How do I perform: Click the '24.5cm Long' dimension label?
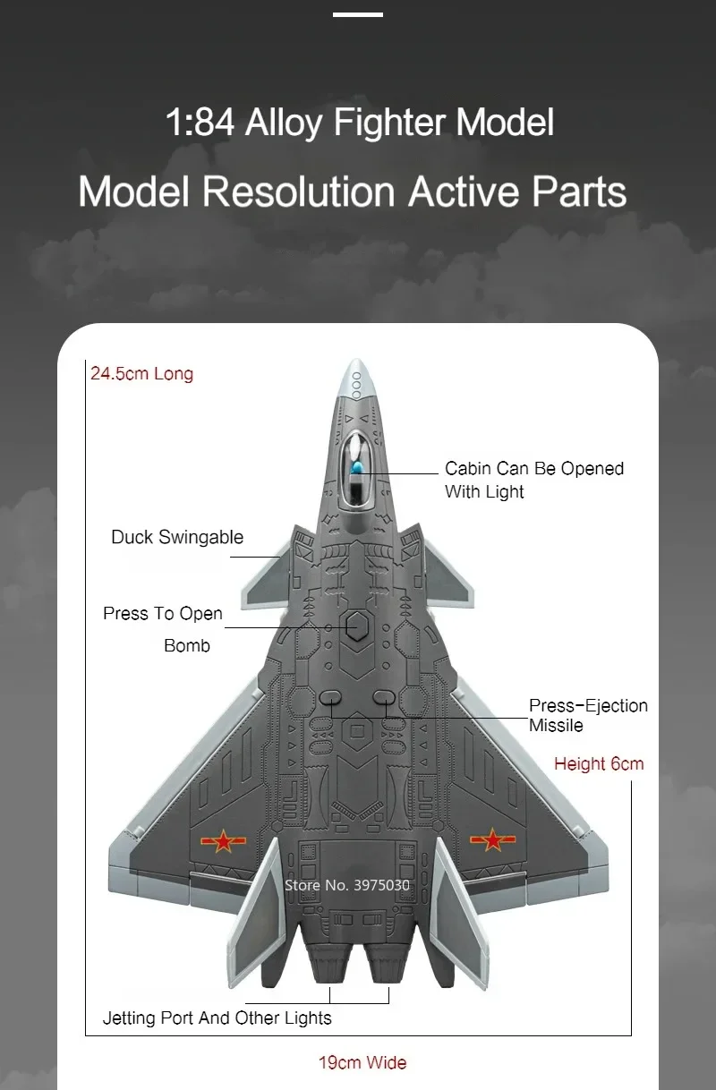(x=141, y=373)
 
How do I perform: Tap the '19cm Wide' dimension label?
(x=362, y=1062)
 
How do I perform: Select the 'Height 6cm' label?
(x=599, y=763)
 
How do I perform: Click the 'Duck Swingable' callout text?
(x=177, y=537)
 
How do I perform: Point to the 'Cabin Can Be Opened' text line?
(x=534, y=468)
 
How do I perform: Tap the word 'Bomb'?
(x=187, y=645)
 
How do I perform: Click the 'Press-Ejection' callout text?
(x=588, y=705)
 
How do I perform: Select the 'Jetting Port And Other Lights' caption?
(x=217, y=1018)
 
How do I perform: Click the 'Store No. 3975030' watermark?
(x=347, y=885)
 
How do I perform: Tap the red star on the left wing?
(x=217, y=840)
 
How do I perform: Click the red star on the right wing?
(x=490, y=839)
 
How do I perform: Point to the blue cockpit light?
(x=357, y=466)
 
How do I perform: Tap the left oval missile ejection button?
(x=328, y=696)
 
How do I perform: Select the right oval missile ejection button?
(x=385, y=696)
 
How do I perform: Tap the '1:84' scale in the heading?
(x=200, y=123)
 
